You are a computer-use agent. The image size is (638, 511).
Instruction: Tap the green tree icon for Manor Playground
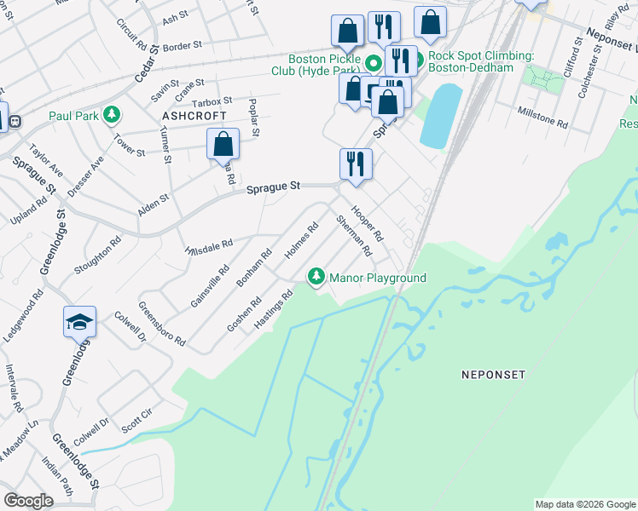tap(316, 277)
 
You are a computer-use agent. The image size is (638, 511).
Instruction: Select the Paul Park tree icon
tap(111, 114)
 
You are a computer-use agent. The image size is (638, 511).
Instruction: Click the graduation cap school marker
tap(79, 323)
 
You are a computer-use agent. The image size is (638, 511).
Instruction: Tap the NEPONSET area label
tap(493, 374)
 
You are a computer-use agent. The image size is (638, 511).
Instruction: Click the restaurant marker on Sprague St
tap(356, 164)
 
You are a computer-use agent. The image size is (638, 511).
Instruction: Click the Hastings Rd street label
tap(274, 310)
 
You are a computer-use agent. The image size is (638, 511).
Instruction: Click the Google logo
tap(28, 501)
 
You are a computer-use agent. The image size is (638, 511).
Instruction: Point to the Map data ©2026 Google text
tap(585, 504)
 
